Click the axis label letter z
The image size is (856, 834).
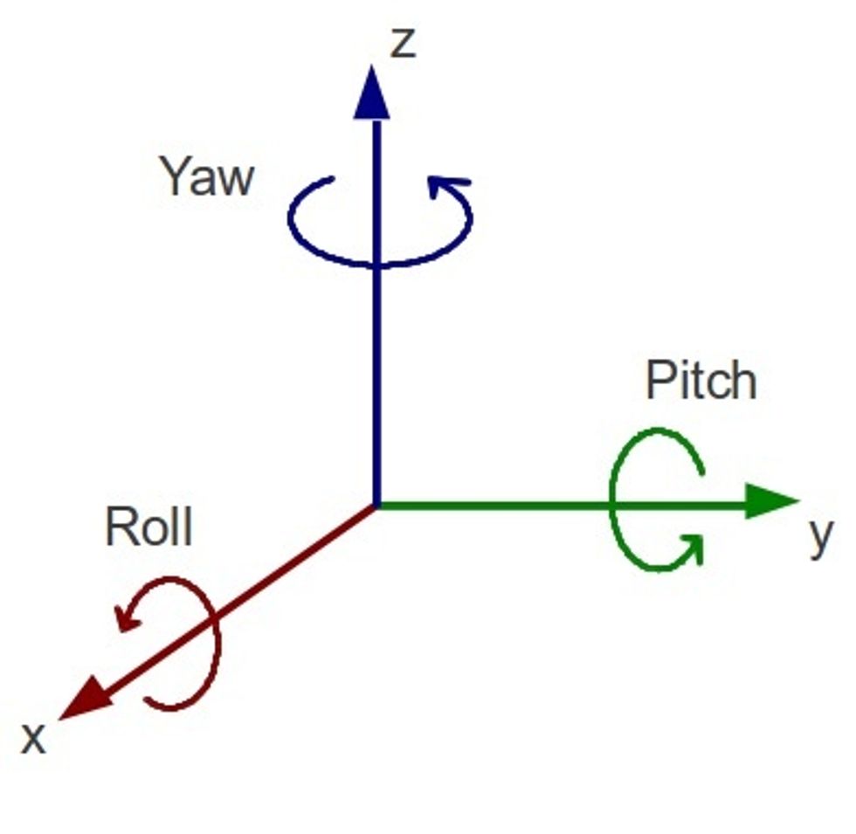click(x=404, y=43)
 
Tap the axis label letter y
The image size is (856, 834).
click(x=821, y=537)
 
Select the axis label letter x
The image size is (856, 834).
click(x=33, y=739)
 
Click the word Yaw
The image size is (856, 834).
click(x=208, y=176)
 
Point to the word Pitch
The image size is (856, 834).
click(x=701, y=380)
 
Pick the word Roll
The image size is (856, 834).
click(x=148, y=526)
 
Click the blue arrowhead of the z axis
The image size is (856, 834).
click(x=372, y=93)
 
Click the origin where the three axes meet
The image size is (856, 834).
click(x=376, y=505)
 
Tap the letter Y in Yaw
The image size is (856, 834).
click(x=175, y=176)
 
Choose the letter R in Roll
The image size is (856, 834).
click(x=120, y=526)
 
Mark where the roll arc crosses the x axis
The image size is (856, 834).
click(x=211, y=618)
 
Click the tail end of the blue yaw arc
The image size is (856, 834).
click(x=332, y=178)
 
